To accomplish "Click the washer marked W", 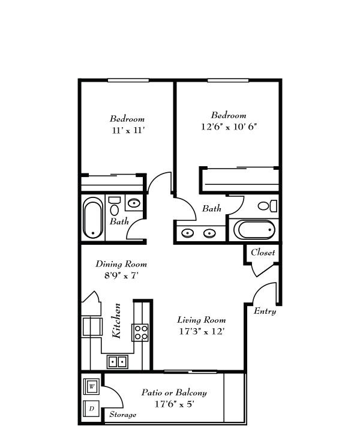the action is point(92,386).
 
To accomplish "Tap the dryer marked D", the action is point(92,409).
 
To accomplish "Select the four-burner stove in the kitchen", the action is point(140,332).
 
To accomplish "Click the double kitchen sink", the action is point(118,362).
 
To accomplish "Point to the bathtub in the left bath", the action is point(93,218).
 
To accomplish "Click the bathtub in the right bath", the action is point(254,230).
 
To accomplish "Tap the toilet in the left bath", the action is point(115,206).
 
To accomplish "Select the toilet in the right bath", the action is point(268,206).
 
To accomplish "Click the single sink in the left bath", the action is point(134,203).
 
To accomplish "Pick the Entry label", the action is point(265,311).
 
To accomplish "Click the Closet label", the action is point(263,253).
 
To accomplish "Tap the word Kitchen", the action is point(116,320).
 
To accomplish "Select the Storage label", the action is point(122,415).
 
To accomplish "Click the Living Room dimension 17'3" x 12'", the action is point(202,331).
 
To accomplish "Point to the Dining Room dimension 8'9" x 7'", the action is point(121,275).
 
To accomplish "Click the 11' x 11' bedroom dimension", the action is point(128,130).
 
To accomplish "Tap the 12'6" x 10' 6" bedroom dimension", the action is point(229,127).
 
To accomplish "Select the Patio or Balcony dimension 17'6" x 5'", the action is point(175,404).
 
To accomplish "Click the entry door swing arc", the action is point(260,287).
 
